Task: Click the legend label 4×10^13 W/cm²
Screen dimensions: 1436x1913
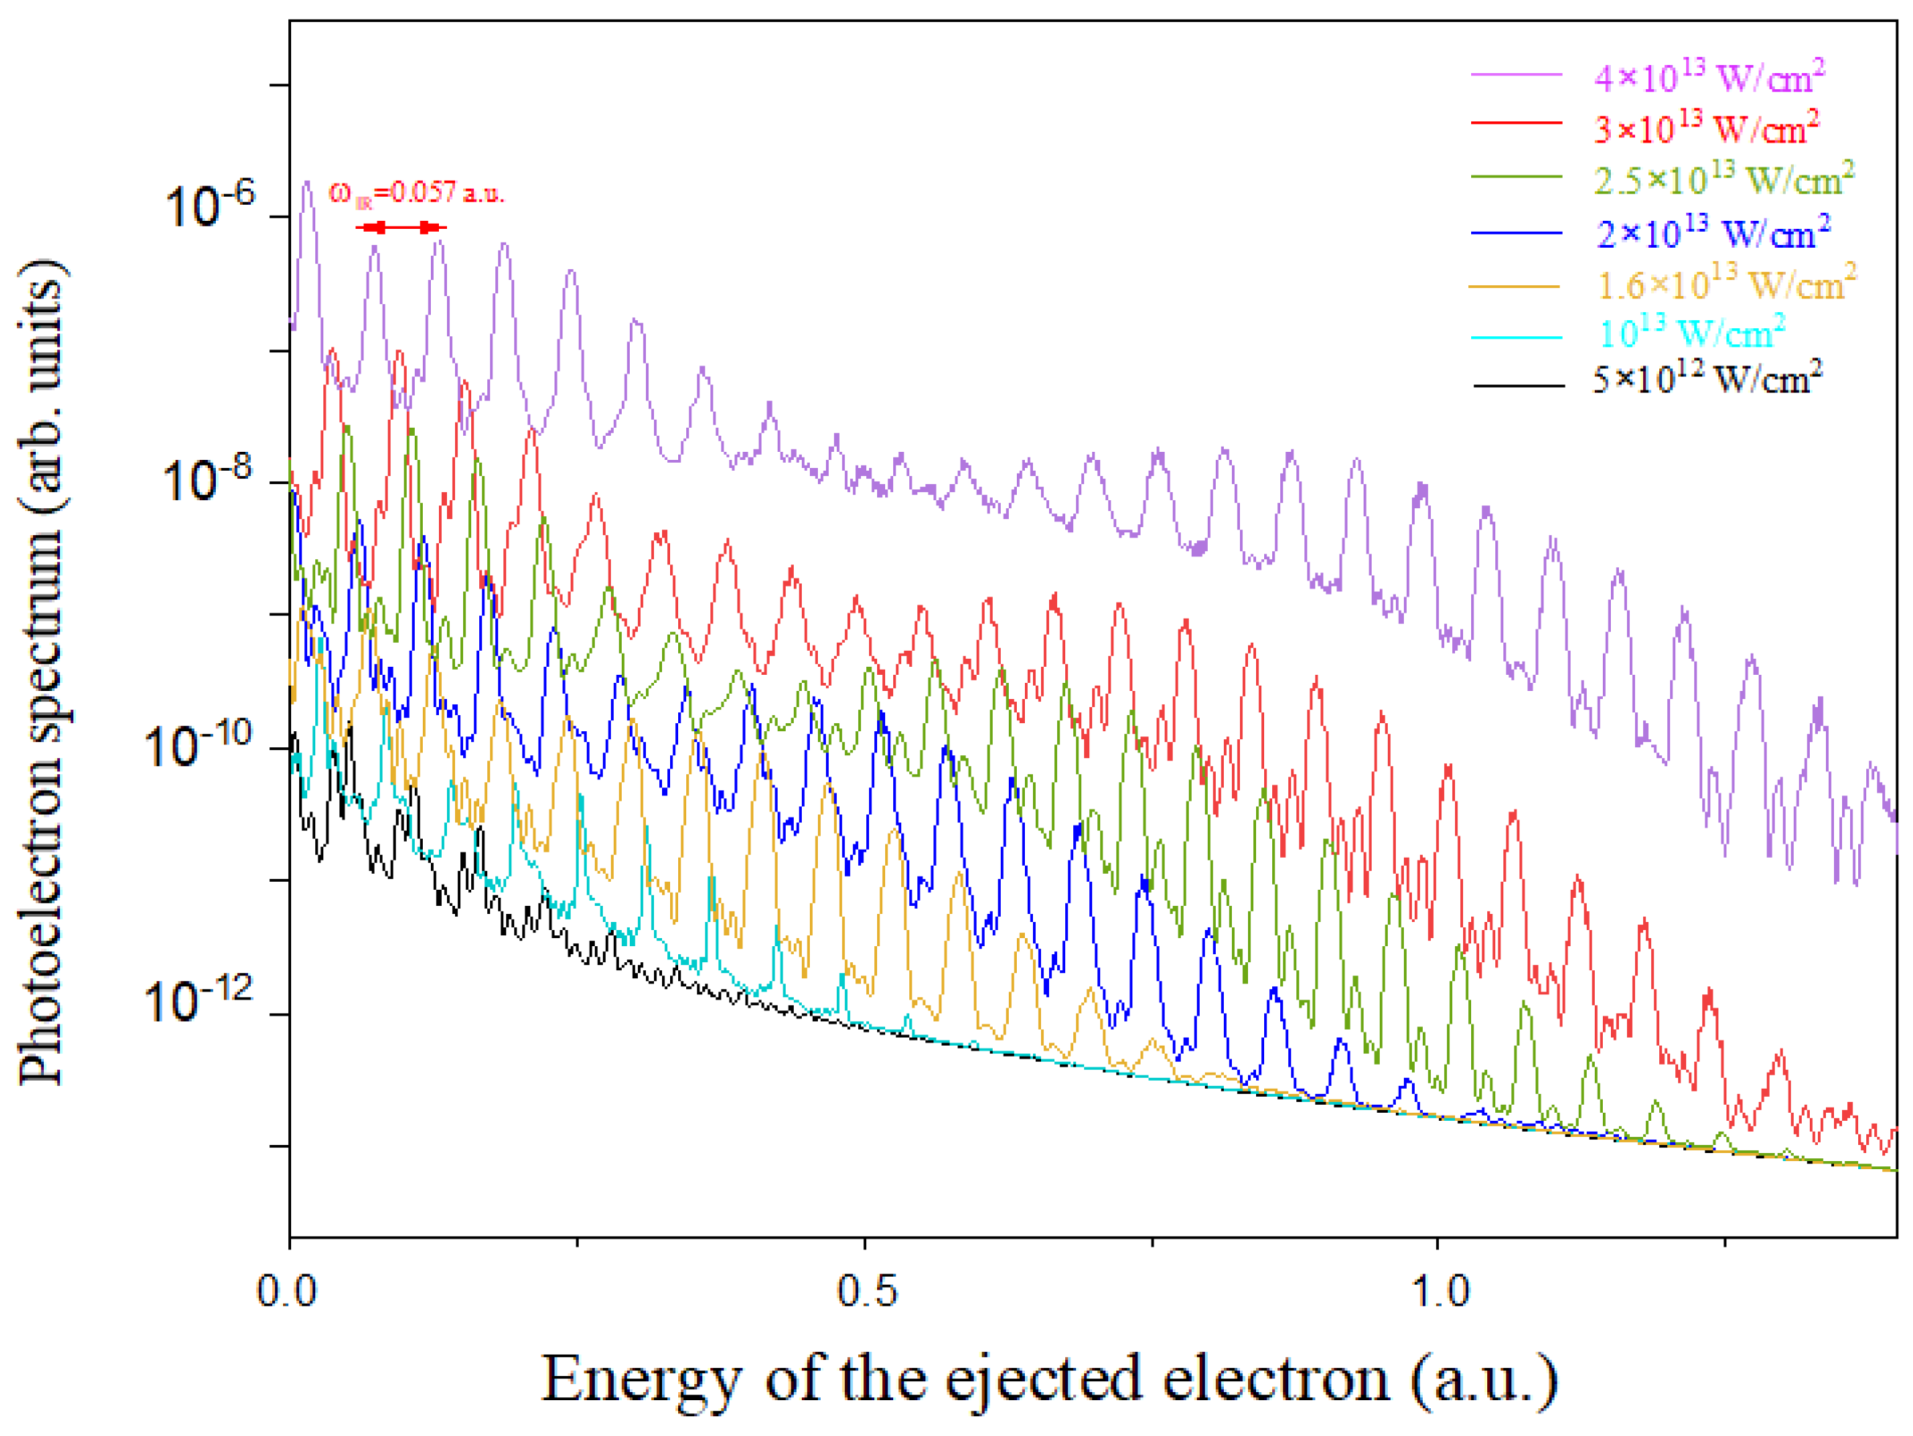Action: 1708,78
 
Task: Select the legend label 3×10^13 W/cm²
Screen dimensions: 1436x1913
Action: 1705,129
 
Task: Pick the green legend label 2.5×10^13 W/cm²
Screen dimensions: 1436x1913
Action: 1723,180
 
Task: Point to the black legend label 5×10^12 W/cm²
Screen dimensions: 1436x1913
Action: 1706,379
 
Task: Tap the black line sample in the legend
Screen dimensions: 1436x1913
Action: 1518,385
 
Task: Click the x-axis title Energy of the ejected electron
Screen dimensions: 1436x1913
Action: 1050,1378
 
